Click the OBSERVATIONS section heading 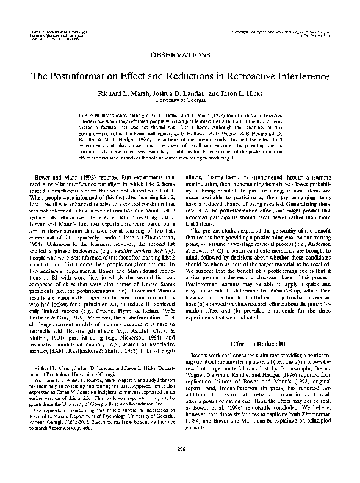click(x=181, y=54)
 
